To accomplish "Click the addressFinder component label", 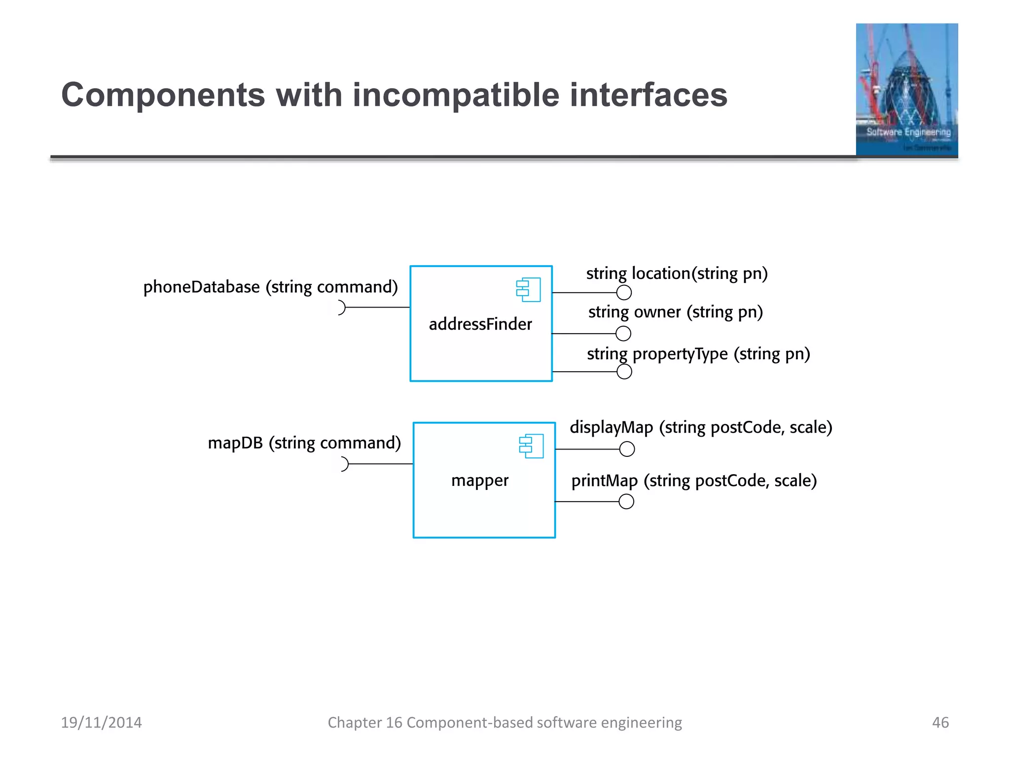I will click(x=480, y=324).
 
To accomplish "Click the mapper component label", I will click(x=479, y=480).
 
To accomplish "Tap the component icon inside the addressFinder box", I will click(x=528, y=290).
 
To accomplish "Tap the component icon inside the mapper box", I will click(x=531, y=446).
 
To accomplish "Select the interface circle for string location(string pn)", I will click(x=624, y=293).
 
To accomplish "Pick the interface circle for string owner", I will click(x=623, y=334).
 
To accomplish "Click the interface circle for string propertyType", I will click(x=624, y=372).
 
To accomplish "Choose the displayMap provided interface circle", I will click(x=627, y=449).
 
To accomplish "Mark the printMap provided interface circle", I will click(x=626, y=502).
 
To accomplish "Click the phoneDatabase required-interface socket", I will click(x=341, y=308).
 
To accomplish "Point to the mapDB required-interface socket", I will click(x=344, y=464).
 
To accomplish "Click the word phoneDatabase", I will click(x=201, y=287).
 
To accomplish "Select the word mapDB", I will click(x=235, y=443).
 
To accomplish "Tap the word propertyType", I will click(x=680, y=354).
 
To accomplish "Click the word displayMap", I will click(x=611, y=427).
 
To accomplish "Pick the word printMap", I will click(x=604, y=481).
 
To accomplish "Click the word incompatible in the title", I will click(x=456, y=95).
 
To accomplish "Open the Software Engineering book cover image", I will click(x=906, y=90).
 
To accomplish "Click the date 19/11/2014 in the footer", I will click(x=101, y=723).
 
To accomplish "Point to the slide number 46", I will click(x=940, y=723).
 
